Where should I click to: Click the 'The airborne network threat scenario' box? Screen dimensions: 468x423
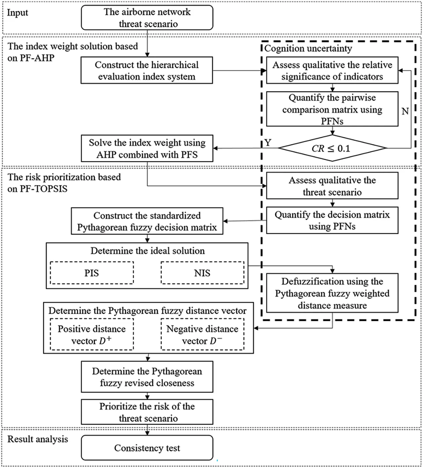coord(147,18)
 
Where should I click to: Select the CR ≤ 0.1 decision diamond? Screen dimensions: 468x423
coord(332,148)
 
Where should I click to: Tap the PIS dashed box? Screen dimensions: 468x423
coord(92,273)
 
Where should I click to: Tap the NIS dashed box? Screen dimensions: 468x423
coord(202,273)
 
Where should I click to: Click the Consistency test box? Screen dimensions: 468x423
coord(147,448)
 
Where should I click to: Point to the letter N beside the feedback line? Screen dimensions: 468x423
coord(405,111)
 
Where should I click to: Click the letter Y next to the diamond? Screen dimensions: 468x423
coord(268,143)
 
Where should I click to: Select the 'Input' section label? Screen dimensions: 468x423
coord(18,13)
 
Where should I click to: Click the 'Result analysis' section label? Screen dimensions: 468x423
coord(38,439)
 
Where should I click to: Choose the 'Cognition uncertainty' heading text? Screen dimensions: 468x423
coord(308,48)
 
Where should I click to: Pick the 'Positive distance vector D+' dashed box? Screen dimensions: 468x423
coord(92,335)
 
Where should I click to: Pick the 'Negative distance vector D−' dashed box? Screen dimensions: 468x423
coord(202,335)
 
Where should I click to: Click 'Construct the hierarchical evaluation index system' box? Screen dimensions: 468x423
coord(147,70)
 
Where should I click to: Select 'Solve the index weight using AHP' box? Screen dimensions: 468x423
coord(147,149)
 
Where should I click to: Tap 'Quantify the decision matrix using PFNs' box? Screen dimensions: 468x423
coord(332,220)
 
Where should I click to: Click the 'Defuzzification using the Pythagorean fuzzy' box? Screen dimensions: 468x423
coord(332,293)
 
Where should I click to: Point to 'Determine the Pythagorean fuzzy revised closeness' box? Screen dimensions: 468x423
coord(147,377)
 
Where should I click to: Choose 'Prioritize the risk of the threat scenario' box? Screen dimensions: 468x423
coord(147,412)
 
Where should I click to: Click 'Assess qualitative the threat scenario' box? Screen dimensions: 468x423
coord(332,186)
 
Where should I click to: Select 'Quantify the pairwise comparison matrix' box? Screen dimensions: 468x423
coord(332,109)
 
